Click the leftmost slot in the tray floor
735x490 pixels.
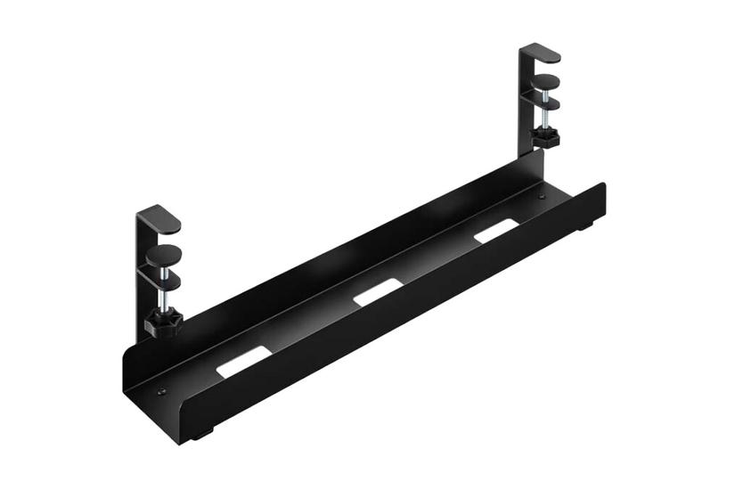pos(241,363)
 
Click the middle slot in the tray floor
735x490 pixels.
pos(378,293)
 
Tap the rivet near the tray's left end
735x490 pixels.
pos(161,389)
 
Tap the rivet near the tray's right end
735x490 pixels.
pos(540,197)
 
